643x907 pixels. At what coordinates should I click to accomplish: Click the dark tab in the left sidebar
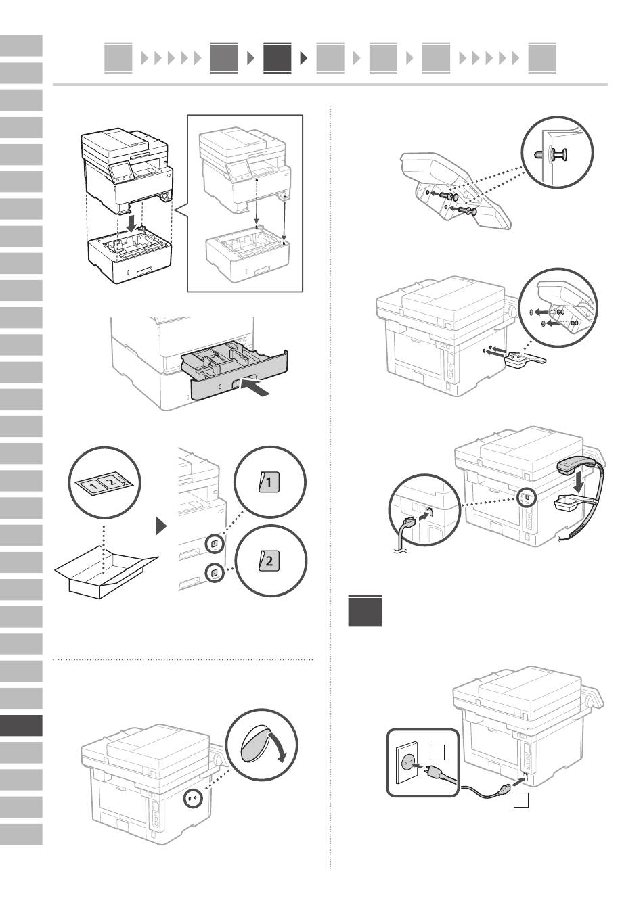[21, 725]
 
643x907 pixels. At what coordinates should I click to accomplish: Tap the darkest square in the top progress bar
[277, 58]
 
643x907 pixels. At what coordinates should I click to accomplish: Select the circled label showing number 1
[269, 483]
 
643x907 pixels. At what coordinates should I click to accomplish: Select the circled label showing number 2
[269, 560]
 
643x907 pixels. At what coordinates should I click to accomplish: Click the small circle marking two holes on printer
[192, 799]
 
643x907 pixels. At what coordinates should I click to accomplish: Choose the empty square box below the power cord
[520, 801]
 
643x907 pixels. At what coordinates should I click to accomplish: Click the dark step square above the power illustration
[365, 611]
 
